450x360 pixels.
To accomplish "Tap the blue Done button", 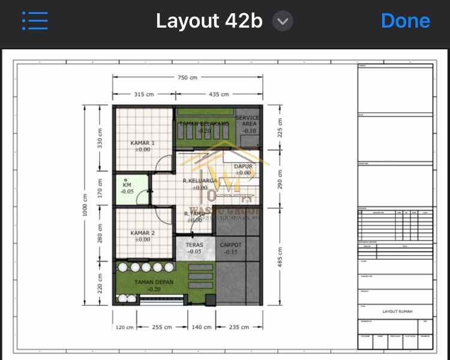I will [x=405, y=21].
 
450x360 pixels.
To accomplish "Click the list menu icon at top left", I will [x=35, y=21].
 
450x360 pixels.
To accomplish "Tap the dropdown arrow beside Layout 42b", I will [x=283, y=22].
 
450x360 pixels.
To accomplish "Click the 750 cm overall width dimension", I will [x=187, y=77].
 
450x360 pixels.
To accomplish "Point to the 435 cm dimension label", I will [x=218, y=94].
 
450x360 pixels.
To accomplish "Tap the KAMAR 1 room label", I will [x=143, y=143].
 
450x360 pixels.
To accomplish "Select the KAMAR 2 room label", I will [x=143, y=233].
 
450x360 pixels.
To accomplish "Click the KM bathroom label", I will [x=127, y=185].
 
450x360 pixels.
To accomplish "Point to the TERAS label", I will [x=194, y=245].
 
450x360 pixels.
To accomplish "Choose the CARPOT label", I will [x=231, y=245].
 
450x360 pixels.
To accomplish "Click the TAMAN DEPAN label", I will [x=154, y=281].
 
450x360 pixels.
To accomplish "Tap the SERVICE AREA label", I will [x=248, y=121].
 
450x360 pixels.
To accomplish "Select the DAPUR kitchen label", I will [x=243, y=166].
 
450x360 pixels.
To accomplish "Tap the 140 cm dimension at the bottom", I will [x=202, y=327].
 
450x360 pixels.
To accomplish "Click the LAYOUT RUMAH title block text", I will [x=398, y=311].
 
